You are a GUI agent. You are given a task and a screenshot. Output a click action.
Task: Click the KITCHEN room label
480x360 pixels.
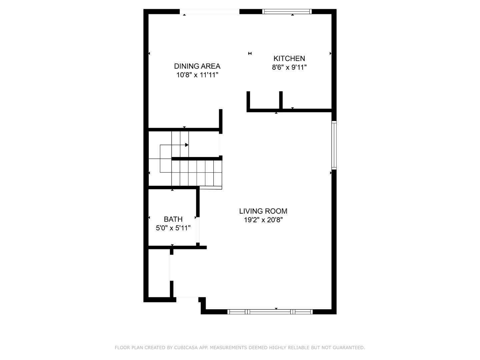point(289,58)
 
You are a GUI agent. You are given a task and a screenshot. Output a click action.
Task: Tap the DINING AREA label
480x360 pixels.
point(197,66)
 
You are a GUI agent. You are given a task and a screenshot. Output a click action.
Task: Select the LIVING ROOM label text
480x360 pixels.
point(263,211)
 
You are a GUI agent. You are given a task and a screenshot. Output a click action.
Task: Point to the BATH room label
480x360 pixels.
point(173,219)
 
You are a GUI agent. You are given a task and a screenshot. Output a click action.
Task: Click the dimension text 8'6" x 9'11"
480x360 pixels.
point(289,67)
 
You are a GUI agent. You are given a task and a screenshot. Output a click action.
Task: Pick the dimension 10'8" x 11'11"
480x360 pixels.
point(197,75)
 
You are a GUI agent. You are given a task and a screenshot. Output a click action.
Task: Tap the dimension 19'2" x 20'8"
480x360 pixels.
point(263,220)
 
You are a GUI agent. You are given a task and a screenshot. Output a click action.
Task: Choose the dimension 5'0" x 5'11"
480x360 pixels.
point(173,228)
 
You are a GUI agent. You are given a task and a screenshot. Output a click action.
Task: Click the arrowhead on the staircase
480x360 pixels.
point(187,145)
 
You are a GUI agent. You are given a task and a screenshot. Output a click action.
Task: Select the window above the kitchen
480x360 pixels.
point(287,11)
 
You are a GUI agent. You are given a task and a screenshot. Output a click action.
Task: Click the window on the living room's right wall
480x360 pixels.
point(334,145)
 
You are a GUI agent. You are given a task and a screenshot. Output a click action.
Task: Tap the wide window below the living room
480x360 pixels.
point(270,312)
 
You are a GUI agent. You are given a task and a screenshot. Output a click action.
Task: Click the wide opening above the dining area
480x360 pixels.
point(209,12)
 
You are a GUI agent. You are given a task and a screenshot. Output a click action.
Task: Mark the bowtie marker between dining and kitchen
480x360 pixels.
point(250,53)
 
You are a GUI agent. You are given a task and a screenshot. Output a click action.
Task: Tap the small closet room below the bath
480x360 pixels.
point(159,273)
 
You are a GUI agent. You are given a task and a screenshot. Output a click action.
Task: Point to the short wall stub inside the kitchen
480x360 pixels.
point(281,100)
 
